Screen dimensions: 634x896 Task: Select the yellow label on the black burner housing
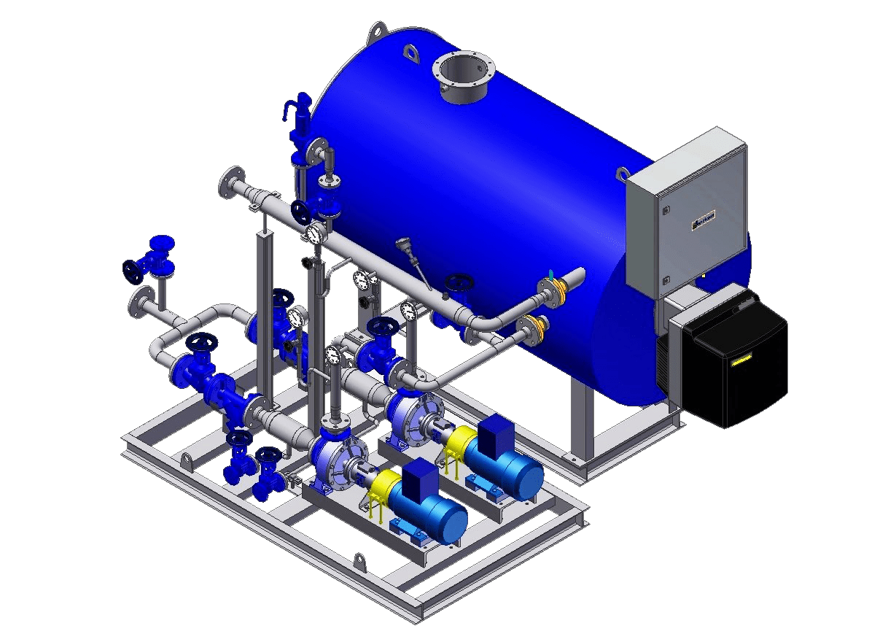click(742, 360)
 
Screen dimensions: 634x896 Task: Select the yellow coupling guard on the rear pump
click(461, 441)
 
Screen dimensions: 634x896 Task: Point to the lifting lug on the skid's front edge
click(359, 563)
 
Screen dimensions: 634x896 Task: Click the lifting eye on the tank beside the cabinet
click(622, 174)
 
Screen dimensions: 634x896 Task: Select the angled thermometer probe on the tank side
click(413, 259)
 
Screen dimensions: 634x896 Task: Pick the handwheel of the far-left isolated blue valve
click(133, 271)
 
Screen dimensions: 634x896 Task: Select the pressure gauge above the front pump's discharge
click(333, 355)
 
